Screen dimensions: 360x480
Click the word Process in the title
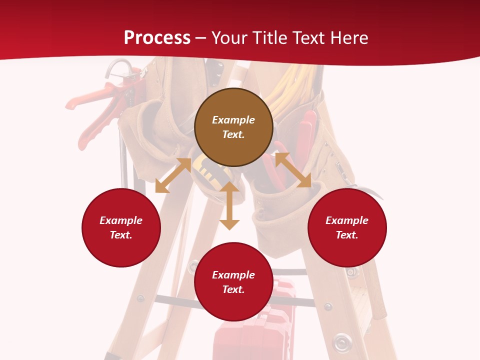[x=157, y=38]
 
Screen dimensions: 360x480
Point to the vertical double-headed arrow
[x=229, y=205]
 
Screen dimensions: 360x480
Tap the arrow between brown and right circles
[x=293, y=170]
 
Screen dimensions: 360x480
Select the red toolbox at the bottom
[x=250, y=335]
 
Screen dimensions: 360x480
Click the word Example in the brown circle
[x=233, y=120]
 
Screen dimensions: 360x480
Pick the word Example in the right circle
[x=347, y=220]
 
